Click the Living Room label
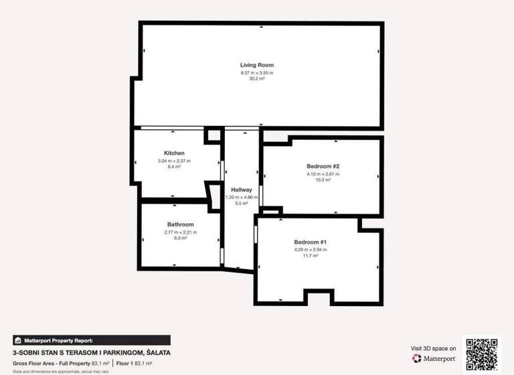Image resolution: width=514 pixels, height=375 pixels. coord(257,65)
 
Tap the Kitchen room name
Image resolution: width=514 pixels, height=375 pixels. coord(174,153)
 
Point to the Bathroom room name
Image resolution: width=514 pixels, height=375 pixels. coord(180,224)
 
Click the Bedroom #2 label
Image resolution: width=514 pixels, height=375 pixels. coord(323,166)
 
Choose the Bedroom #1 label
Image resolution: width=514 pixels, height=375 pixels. coord(310,242)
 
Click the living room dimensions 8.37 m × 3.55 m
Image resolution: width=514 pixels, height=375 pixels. coord(257,72)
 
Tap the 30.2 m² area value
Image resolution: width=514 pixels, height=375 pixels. coord(257,79)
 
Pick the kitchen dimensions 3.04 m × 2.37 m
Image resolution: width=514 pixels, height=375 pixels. coord(174,161)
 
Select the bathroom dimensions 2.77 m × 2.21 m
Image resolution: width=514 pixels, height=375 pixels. coord(180,232)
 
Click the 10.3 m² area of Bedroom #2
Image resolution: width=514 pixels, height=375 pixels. coord(323,180)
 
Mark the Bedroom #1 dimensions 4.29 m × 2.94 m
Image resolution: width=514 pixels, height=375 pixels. coord(310,249)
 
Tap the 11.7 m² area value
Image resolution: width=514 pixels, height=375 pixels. coord(310,256)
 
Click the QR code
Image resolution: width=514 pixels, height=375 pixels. coord(482,353)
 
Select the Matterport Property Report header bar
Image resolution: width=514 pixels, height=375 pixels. coord(91,340)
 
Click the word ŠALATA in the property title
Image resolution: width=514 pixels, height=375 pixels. coord(156,352)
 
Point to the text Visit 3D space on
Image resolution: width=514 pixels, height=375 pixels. coord(433,348)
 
